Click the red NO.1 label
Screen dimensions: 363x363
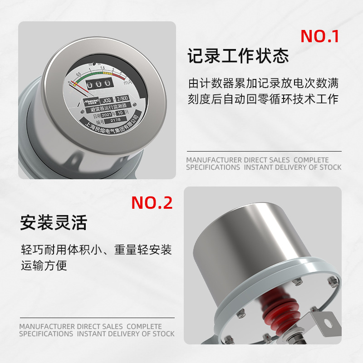(320, 36)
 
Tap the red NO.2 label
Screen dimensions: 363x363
(152, 202)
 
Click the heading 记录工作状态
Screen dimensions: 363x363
(238, 57)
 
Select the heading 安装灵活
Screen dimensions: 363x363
(53, 223)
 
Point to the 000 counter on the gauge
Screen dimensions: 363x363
(96, 85)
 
